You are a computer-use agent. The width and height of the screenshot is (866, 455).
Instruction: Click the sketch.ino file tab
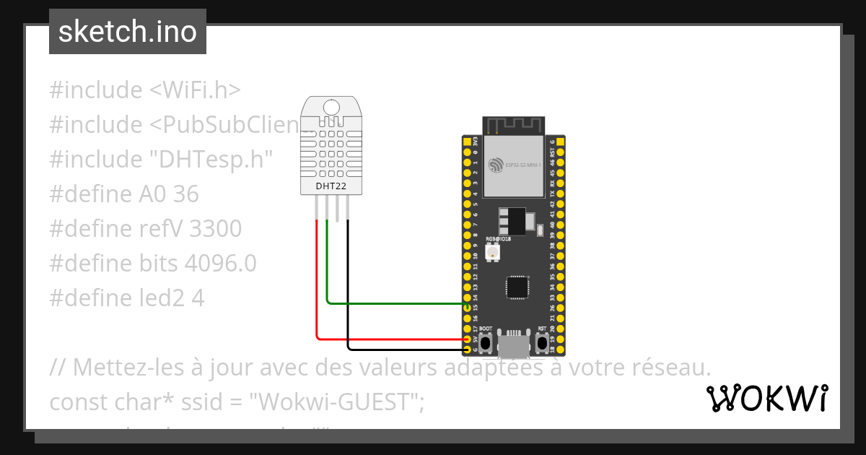tap(128, 32)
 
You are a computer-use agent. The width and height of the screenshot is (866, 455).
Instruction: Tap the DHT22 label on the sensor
tap(331, 186)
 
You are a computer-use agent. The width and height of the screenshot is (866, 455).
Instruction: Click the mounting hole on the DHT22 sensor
tap(331, 108)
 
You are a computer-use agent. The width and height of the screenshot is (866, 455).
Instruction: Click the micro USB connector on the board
tap(513, 345)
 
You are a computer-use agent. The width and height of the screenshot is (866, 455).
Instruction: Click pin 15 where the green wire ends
tap(467, 308)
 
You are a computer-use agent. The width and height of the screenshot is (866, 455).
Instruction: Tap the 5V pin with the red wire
tap(467, 339)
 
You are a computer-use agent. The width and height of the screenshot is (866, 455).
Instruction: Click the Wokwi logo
tap(766, 398)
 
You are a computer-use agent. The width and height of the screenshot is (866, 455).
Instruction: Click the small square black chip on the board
tap(517, 287)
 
